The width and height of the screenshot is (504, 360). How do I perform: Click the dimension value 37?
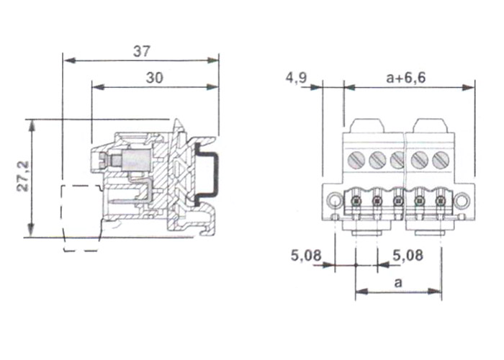click(141, 51)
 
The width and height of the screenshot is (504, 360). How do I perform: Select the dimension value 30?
click(154, 78)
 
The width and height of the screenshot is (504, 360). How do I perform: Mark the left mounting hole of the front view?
click(333, 200)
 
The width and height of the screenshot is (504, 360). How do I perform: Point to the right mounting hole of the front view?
click(463, 200)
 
